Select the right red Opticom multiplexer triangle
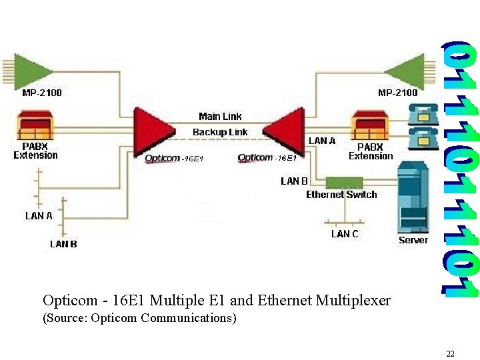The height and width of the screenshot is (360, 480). point(285,131)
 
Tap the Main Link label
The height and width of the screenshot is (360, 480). point(220,117)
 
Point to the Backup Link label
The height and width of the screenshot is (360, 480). point(220,132)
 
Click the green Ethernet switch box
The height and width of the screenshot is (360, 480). point(344,182)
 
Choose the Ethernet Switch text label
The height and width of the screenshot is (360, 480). point(341,195)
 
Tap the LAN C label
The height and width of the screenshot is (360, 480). point(345,234)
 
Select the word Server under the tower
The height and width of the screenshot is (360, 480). point(413,240)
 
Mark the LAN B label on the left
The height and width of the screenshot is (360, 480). point(63,244)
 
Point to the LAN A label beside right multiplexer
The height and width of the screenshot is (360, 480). point(322,141)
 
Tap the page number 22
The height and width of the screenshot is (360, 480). point(450,353)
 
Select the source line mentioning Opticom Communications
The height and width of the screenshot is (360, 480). point(139,318)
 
